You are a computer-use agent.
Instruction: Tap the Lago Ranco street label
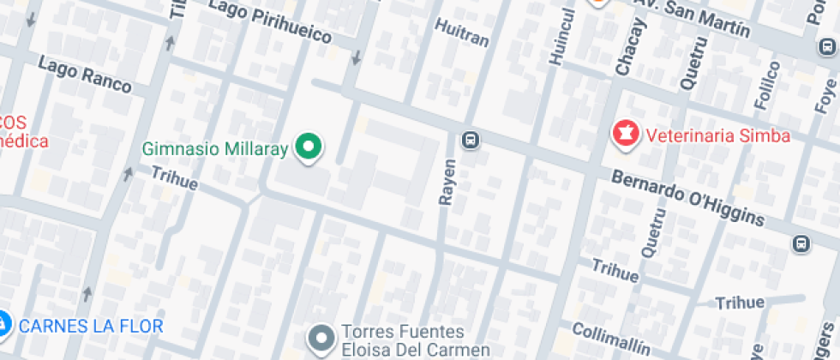tap(85, 75)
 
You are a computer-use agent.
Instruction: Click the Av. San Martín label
tap(692, 17)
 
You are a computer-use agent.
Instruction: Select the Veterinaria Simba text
tap(717, 135)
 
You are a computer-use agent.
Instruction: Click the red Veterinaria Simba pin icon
tap(624, 133)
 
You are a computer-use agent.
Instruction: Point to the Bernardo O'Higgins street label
tap(687, 198)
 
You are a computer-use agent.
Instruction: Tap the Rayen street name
tap(447, 182)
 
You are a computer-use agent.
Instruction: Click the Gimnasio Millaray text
tap(214, 148)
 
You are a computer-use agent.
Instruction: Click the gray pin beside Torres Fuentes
tap(321, 339)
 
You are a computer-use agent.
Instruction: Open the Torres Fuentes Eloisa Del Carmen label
tap(403, 340)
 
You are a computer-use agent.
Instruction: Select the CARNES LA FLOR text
tap(90, 326)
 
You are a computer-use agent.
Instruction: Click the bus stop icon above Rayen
tap(470, 139)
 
